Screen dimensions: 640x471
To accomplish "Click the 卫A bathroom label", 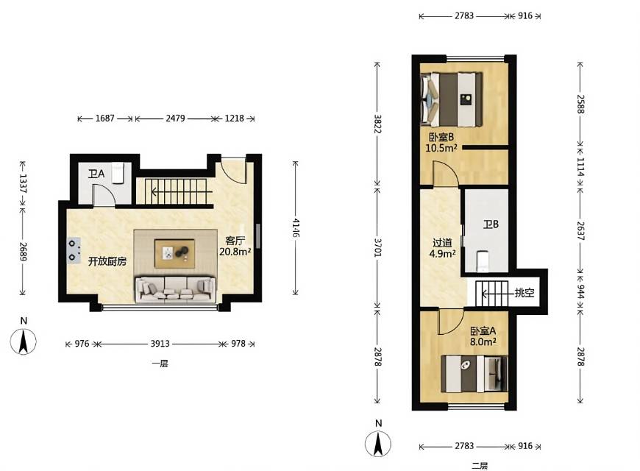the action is click(96, 174).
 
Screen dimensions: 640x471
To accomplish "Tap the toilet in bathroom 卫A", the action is click(118, 173).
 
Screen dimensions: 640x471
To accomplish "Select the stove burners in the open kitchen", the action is click(74, 250).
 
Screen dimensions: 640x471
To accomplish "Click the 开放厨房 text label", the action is click(107, 261).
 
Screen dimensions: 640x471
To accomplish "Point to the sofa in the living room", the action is click(176, 290).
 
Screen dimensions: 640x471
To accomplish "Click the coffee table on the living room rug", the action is click(174, 253).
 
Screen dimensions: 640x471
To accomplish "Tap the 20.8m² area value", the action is click(235, 252).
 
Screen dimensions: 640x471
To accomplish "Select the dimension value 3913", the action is click(160, 344).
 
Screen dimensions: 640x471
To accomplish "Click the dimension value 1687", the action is click(105, 118).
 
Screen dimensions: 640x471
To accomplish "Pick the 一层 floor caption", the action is click(160, 363).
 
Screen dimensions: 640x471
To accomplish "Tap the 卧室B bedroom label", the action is click(441, 138).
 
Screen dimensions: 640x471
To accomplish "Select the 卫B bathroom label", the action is click(491, 224).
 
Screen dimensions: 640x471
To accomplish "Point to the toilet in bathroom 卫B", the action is click(482, 261).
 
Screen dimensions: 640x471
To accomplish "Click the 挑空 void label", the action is click(525, 292).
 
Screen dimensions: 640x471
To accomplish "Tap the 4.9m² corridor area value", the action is click(442, 254).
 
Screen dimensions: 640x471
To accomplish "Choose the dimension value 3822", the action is click(378, 124).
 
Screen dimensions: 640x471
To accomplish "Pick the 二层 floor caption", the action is click(480, 465).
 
